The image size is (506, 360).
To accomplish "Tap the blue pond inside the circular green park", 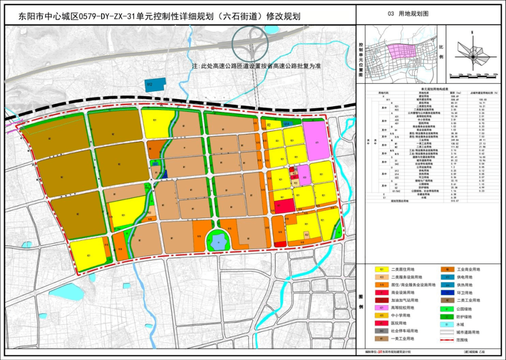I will tap(218, 242).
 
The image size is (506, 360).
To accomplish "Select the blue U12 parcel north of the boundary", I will tap(156, 84).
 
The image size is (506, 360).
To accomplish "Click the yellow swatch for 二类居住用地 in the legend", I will tap(382, 270).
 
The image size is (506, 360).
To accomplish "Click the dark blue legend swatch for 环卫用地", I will tap(448, 293).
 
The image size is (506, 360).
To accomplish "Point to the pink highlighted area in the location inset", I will tap(402, 51).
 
